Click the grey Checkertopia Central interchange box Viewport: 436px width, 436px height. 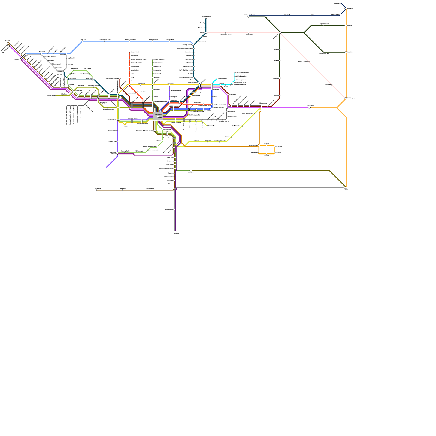click(158, 116)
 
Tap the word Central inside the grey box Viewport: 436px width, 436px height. click(159, 118)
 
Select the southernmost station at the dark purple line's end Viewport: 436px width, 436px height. click(175, 231)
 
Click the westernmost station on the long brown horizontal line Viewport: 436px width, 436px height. click(97, 190)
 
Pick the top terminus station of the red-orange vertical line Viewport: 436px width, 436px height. click(129, 52)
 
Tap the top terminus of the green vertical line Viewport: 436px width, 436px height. click(152, 59)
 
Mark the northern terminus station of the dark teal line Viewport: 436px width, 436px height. click(206, 18)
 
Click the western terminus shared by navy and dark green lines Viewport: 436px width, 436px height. click(248, 16)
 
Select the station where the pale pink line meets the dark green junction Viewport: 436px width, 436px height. click(280, 33)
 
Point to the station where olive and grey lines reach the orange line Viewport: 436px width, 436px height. click(346, 188)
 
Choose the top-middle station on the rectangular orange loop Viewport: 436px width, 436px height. click(267, 145)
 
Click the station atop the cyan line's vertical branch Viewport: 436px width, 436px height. click(235, 73)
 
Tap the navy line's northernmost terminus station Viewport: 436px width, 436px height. click(341, 4)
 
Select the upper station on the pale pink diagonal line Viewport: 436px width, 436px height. click(309, 62)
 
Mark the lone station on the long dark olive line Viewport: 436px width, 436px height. click(191, 171)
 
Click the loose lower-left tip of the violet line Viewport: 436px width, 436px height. click(107, 167)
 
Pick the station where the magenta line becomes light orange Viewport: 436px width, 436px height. click(309, 108)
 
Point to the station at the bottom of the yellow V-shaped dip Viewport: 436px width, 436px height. click(125, 125)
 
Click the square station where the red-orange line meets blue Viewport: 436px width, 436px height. click(212, 104)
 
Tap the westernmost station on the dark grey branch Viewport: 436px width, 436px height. click(67, 105)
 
